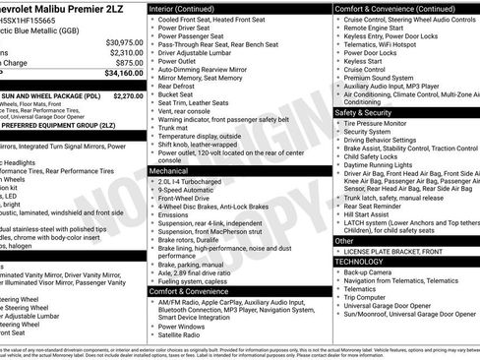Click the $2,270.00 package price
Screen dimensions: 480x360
click(x=129, y=97)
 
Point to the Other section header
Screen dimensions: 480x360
click(x=344, y=240)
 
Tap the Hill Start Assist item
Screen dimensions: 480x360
click(x=370, y=213)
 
